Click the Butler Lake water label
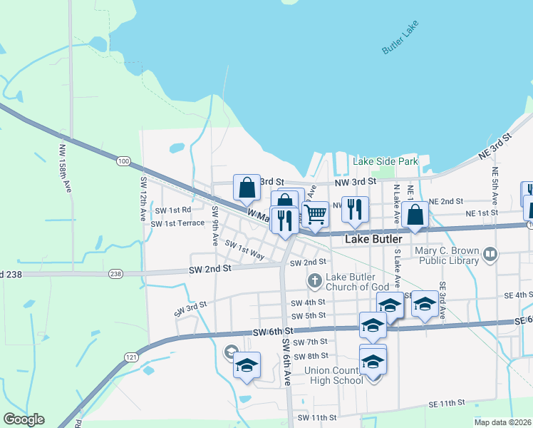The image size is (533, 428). point(401,37)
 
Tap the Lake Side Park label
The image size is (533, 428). point(385,162)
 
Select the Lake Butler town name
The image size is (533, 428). point(374,240)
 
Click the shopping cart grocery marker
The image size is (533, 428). point(314,213)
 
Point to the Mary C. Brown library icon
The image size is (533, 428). point(490,254)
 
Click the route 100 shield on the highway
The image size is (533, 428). point(124,162)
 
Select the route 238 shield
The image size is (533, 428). point(116,274)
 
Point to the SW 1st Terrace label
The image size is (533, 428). point(177,223)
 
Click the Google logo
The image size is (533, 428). point(24,419)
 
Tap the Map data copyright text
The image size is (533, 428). point(502,422)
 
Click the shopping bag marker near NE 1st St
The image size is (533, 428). point(415,214)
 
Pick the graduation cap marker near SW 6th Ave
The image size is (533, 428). point(247,365)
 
